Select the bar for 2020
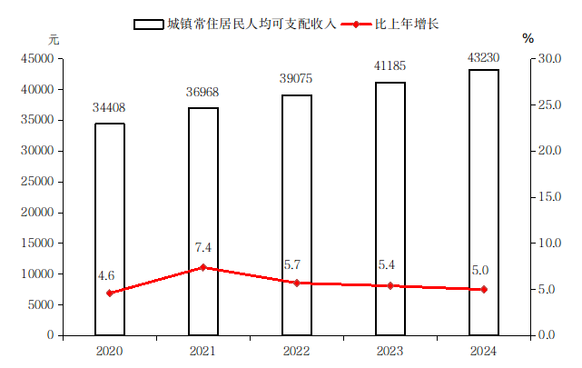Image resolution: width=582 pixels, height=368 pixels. click(x=110, y=229)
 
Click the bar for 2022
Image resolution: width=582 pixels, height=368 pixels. click(x=297, y=214)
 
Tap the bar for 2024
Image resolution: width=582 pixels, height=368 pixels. click(x=484, y=202)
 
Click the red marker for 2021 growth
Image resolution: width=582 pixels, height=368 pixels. click(x=203, y=267)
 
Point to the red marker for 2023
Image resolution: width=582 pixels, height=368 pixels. click(x=390, y=285)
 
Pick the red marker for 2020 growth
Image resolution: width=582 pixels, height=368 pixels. click(x=110, y=293)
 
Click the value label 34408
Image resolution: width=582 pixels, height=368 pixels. click(x=110, y=108)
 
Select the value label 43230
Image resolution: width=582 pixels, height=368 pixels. click(x=484, y=56)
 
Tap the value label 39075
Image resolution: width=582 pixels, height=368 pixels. click(x=297, y=80)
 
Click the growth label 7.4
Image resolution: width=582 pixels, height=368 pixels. click(x=203, y=247)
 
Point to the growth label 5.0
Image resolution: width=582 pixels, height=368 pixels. click(x=480, y=270)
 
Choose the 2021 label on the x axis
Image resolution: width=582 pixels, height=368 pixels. click(x=203, y=350)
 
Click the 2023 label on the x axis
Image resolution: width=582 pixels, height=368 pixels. click(x=390, y=350)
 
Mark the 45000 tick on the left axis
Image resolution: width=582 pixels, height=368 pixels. click(x=38, y=59)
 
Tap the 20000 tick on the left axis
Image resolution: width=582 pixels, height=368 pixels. click(x=38, y=213)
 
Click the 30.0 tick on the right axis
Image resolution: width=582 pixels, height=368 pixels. click(x=547, y=59)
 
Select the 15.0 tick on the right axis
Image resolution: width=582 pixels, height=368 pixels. click(x=547, y=197)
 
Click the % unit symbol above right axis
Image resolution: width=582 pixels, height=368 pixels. click(x=528, y=39)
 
